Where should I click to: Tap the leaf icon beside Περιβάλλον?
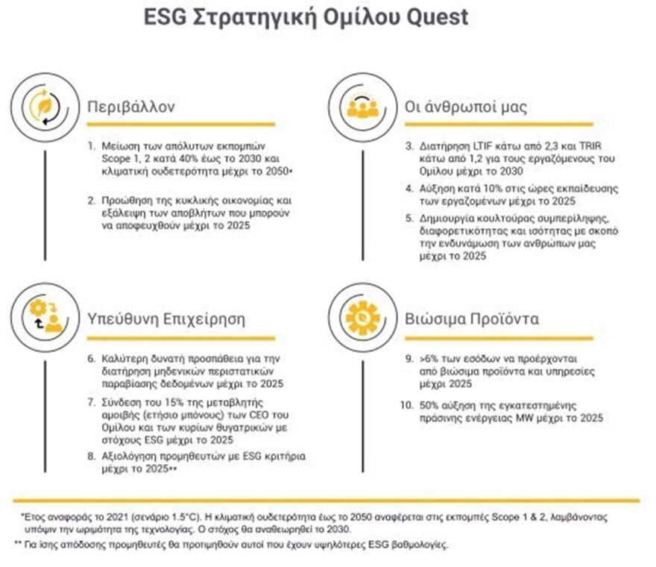click(x=35, y=105)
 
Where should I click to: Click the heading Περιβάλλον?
click(x=130, y=105)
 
